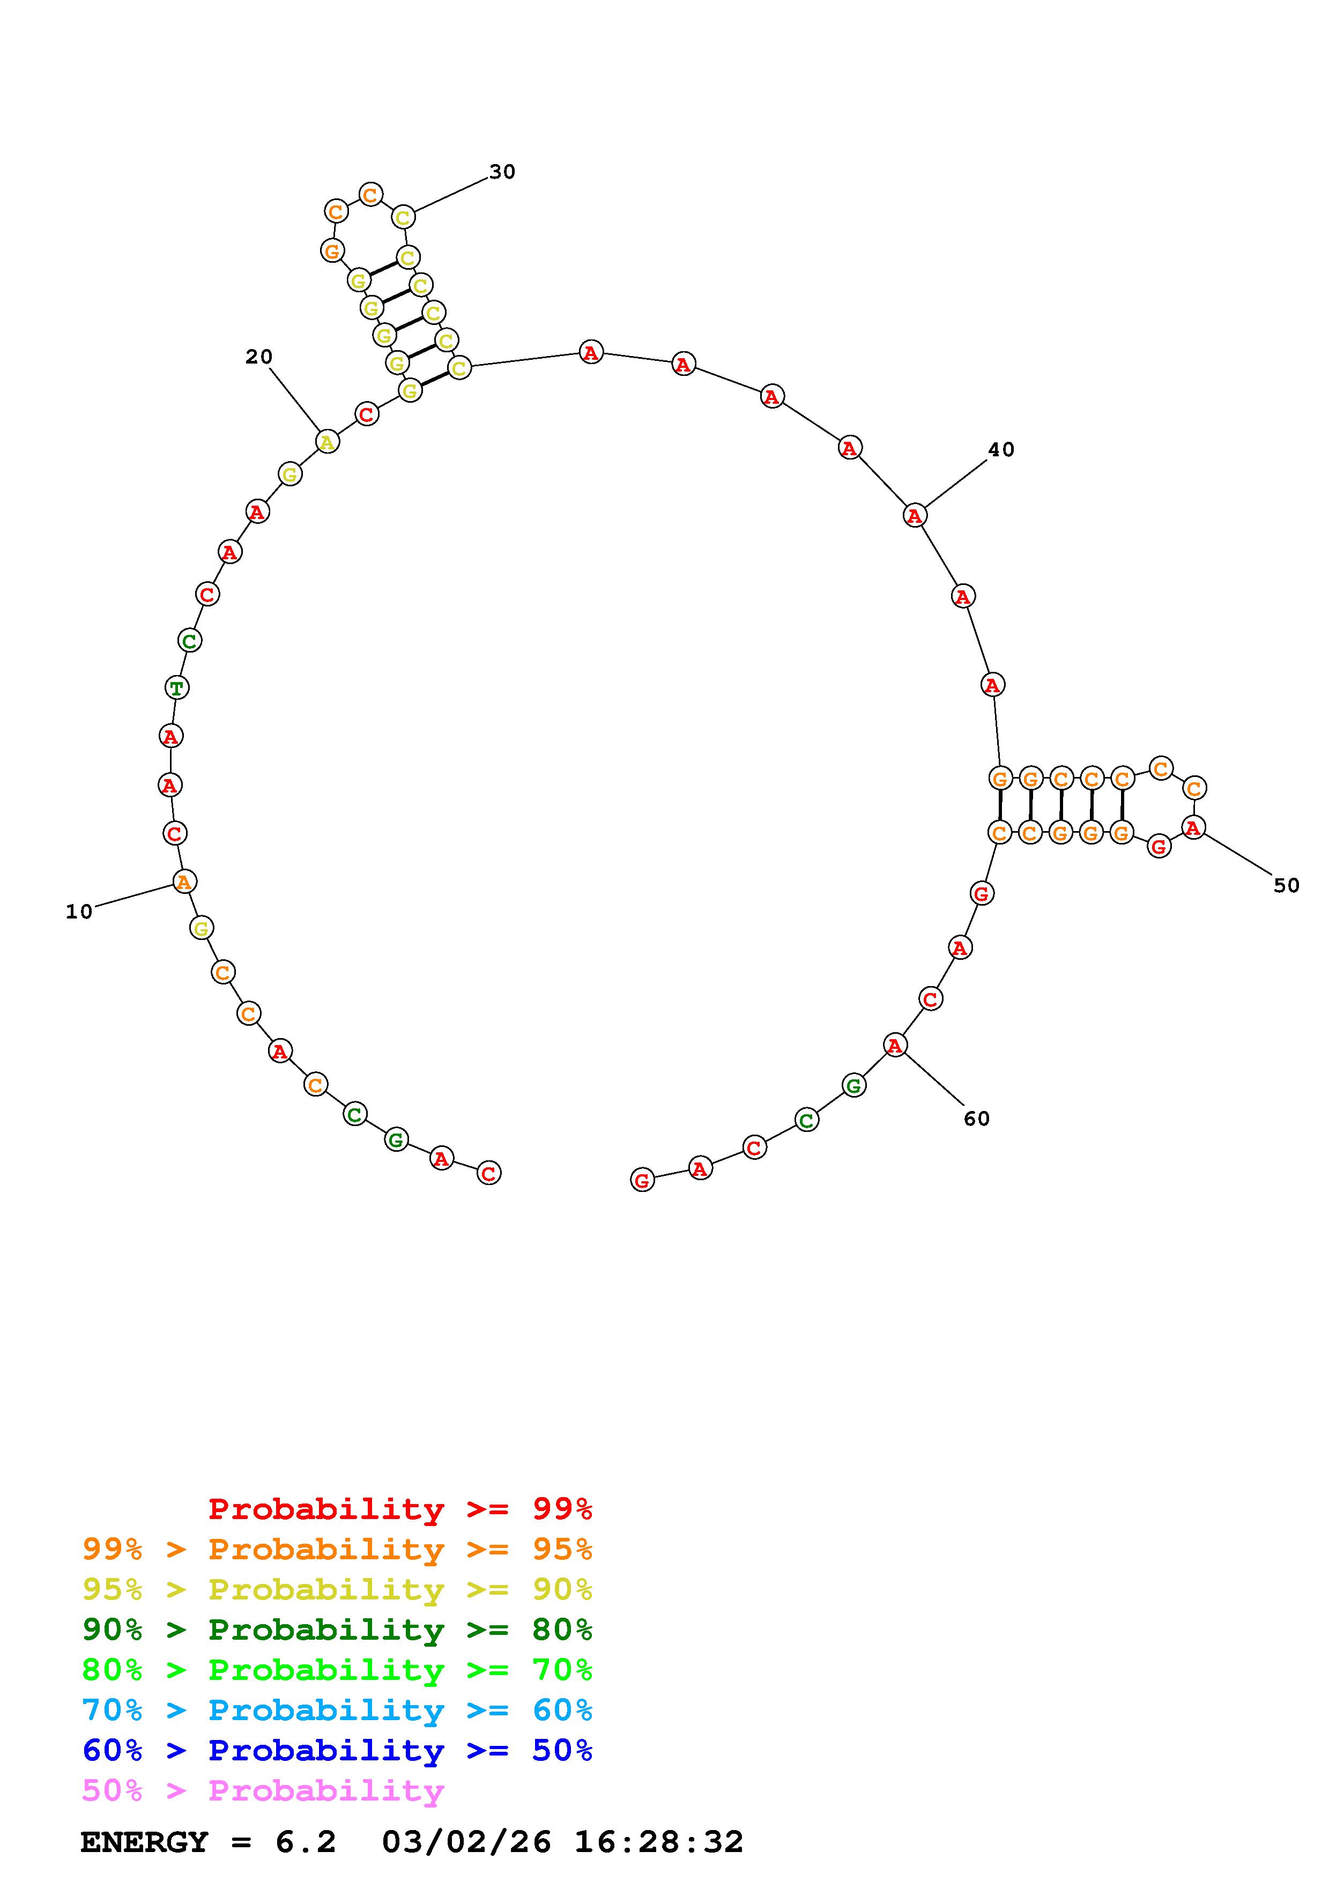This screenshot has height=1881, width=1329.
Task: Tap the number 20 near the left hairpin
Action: point(259,357)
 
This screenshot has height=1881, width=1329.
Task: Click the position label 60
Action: point(976,1119)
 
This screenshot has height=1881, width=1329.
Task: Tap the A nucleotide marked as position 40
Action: point(915,515)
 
